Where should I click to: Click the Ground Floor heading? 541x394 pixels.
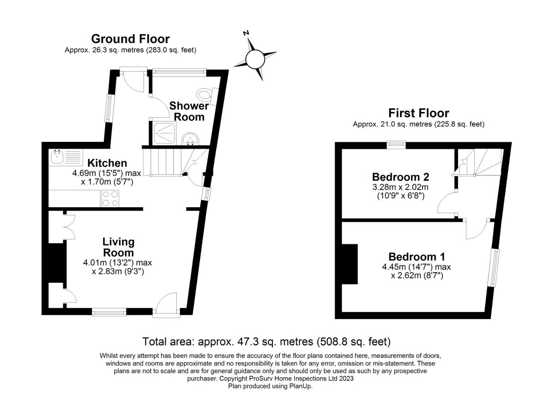[x=130, y=39]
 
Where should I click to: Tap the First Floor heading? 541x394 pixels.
[x=419, y=113]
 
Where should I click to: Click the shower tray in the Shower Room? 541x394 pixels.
[x=165, y=134]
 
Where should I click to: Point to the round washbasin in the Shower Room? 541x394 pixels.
[x=190, y=139]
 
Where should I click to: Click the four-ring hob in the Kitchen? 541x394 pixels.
[x=110, y=198]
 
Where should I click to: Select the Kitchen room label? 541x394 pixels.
[x=107, y=163]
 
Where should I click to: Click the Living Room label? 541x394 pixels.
[x=118, y=247]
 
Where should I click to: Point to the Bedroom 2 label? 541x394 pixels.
[x=400, y=177]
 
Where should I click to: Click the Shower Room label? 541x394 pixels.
[x=189, y=112]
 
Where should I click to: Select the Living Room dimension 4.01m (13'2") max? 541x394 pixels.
[x=117, y=262]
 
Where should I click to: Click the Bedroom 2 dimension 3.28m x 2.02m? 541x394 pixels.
[x=400, y=187]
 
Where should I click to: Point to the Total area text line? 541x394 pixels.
[x=266, y=341]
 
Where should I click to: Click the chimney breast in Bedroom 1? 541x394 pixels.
[x=349, y=264]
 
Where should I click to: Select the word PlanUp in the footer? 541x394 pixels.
[x=301, y=386]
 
